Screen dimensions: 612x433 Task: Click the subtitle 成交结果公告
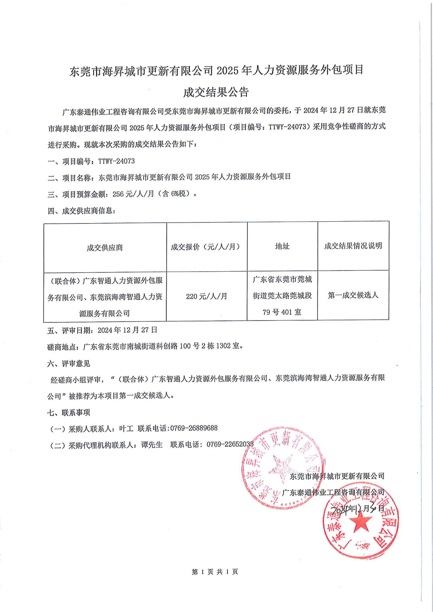216,92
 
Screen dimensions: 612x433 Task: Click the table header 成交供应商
105,248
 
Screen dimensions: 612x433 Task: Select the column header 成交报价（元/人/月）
206,247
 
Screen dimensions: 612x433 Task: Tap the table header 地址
282,246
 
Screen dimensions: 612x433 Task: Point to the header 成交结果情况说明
353,246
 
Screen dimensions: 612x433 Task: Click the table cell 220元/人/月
206,296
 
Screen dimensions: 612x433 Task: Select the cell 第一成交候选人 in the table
353,295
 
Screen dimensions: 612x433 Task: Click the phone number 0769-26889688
194,428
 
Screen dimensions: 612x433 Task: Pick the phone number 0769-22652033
230,445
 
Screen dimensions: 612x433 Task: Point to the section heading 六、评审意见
68,363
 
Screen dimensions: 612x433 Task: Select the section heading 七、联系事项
68,412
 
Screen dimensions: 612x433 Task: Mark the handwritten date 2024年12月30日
357,508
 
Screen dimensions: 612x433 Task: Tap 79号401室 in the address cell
282,312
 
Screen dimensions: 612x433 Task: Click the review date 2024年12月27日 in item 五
127,330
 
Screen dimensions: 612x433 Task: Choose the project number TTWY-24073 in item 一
116,161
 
